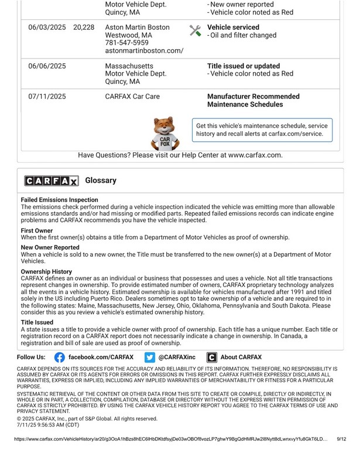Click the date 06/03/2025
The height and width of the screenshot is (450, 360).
(47, 27)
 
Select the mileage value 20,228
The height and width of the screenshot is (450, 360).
(84, 27)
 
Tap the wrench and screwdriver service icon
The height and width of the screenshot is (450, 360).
(196, 30)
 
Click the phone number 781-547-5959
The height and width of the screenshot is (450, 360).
(126, 43)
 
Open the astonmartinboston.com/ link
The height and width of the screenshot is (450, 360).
(144, 51)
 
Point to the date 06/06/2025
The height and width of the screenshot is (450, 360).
(47, 66)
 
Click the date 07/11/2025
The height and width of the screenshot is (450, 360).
(47, 96)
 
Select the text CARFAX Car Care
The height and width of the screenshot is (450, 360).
(132, 96)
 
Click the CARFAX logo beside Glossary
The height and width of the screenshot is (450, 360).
(51, 181)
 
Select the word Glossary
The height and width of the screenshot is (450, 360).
(101, 180)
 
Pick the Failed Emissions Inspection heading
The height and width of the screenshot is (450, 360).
(60, 200)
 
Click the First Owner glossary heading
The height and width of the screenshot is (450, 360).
(37, 231)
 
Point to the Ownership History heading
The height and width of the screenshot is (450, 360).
(46, 272)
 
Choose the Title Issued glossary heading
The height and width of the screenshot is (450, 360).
(37, 322)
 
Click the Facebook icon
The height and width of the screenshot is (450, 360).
(60, 357)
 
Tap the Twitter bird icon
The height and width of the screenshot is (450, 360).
(150, 357)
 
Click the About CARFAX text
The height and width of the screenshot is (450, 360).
(241, 357)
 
